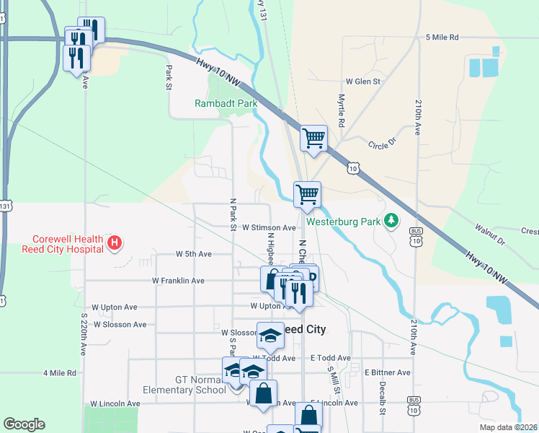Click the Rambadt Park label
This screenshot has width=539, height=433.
click(x=226, y=103)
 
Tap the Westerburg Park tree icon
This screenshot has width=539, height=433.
click(x=392, y=219)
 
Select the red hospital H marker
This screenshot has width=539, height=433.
click(x=114, y=243)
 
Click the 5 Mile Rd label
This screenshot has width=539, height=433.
click(x=442, y=37)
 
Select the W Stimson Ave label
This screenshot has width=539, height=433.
click(x=269, y=227)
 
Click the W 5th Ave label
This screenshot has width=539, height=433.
click(x=194, y=254)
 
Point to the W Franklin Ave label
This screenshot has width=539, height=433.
click(x=178, y=281)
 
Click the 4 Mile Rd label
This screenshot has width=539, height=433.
click(x=60, y=373)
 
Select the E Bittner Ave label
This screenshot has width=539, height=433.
click(x=387, y=372)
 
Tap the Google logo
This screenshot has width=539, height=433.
click(x=24, y=424)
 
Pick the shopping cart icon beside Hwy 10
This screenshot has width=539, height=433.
click(x=313, y=137)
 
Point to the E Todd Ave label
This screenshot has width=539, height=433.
click(x=331, y=358)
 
